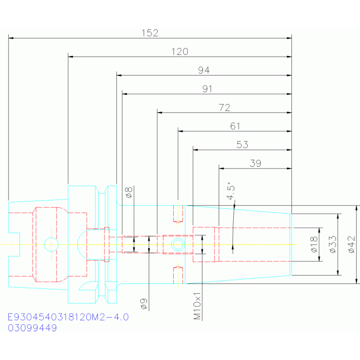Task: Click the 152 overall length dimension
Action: [150, 33]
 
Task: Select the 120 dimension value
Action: [180, 52]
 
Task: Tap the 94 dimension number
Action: [204, 70]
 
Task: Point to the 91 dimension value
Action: [207, 89]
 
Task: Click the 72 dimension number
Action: [224, 107]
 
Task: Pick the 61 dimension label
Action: [235, 126]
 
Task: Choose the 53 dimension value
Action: [242, 145]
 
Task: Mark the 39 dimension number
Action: [255, 163]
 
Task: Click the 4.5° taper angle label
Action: [230, 191]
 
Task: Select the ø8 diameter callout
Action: [129, 192]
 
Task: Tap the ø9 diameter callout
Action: [144, 304]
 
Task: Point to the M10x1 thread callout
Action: [197, 306]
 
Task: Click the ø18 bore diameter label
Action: [314, 245]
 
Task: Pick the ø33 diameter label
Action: [333, 245]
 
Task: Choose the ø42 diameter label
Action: [352, 245]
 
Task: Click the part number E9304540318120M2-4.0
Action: [68, 317]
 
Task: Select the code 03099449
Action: [32, 328]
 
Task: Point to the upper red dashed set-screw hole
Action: [178, 214]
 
